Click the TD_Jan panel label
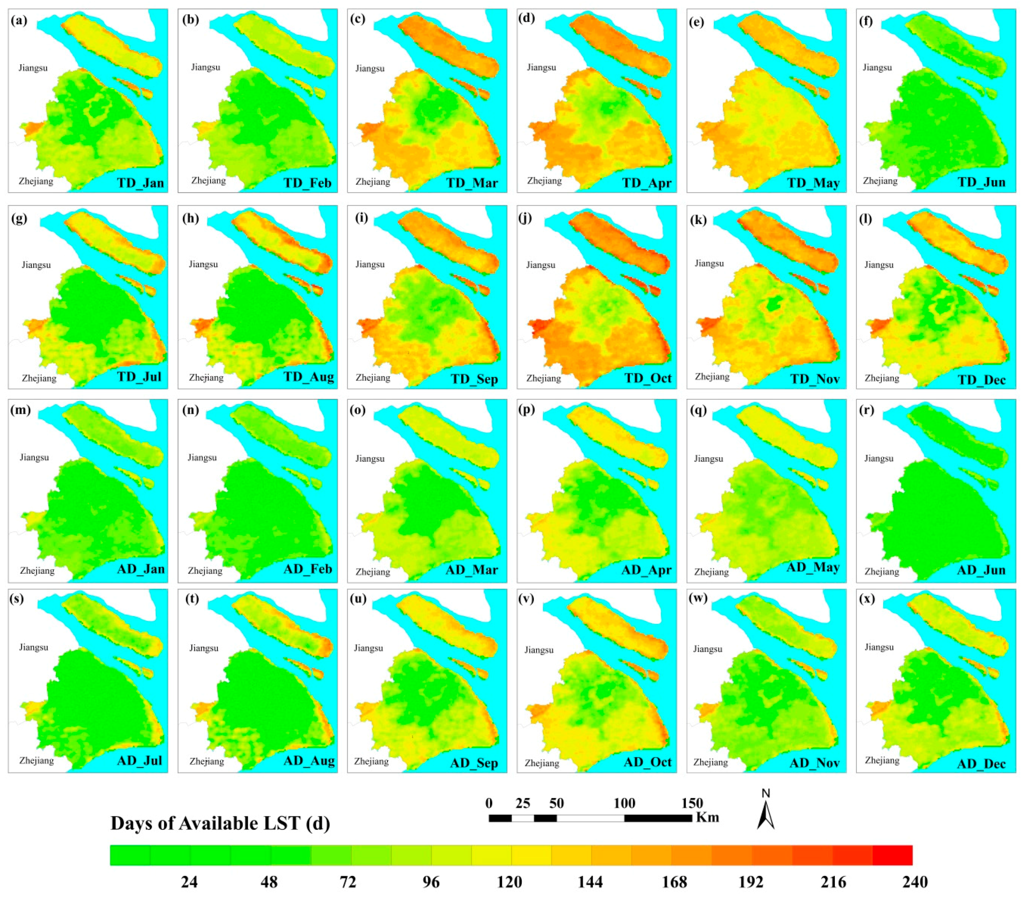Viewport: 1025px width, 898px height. (140, 183)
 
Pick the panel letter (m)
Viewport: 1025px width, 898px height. (20, 410)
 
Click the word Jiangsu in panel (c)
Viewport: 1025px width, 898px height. (370, 68)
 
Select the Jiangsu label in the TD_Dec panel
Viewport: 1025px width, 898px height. (879, 265)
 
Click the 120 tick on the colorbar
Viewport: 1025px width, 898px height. (510, 882)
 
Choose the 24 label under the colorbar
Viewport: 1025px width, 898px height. (189, 882)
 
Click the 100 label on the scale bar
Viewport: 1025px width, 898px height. (624, 803)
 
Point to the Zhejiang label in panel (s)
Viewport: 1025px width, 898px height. (37, 760)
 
